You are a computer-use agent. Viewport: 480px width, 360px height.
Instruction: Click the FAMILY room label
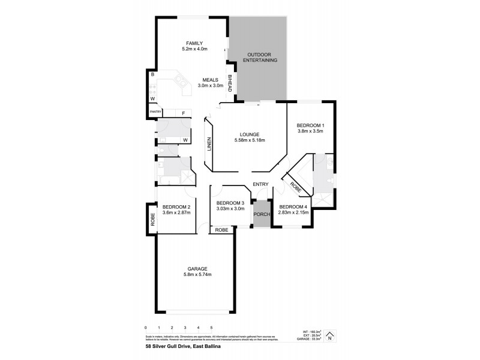pyautogui.click(x=193, y=43)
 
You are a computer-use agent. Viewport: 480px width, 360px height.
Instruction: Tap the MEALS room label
pyautogui.click(x=210, y=79)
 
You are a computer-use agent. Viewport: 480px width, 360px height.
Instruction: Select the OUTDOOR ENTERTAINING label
pyautogui.click(x=261, y=58)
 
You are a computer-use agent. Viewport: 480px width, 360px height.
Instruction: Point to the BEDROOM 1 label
pyautogui.click(x=311, y=125)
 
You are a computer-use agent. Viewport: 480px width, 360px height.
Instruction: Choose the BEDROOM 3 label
pyautogui.click(x=230, y=203)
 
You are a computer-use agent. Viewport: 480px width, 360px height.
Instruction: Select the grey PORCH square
pyautogui.click(x=261, y=215)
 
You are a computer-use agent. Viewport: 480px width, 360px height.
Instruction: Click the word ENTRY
pyautogui.click(x=260, y=184)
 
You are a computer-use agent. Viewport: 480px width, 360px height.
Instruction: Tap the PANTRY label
pyautogui.click(x=155, y=112)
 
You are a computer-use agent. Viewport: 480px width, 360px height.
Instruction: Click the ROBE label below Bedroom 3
pyautogui.click(x=221, y=230)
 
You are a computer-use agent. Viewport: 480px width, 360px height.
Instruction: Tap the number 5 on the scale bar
pyautogui.click(x=211, y=328)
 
